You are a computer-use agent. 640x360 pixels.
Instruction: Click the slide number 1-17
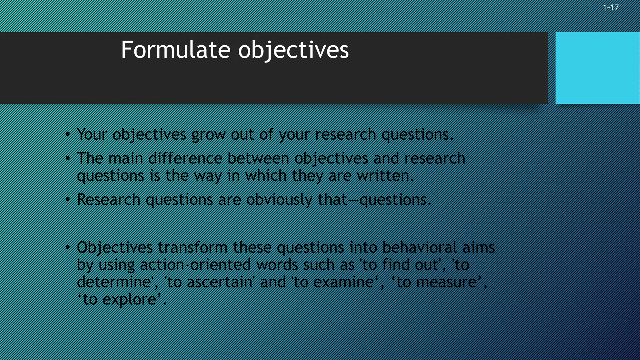pyautogui.click(x=610, y=8)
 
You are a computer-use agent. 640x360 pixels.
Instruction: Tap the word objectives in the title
pyautogui.click(x=293, y=50)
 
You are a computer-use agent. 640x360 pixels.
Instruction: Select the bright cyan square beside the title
pyautogui.click(x=597, y=68)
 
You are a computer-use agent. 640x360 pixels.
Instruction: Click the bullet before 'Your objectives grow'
pyautogui.click(x=67, y=135)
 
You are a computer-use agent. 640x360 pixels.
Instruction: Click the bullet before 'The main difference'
pyautogui.click(x=67, y=159)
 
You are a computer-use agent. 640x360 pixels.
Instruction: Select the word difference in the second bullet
pyautogui.click(x=185, y=158)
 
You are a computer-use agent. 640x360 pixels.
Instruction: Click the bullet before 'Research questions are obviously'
pyautogui.click(x=67, y=200)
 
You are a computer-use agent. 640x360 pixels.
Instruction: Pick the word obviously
pyautogui.click(x=279, y=200)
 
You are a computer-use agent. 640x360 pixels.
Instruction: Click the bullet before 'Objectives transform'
pyautogui.click(x=67, y=248)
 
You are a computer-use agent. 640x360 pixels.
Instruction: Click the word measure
pyautogui.click(x=446, y=282)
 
